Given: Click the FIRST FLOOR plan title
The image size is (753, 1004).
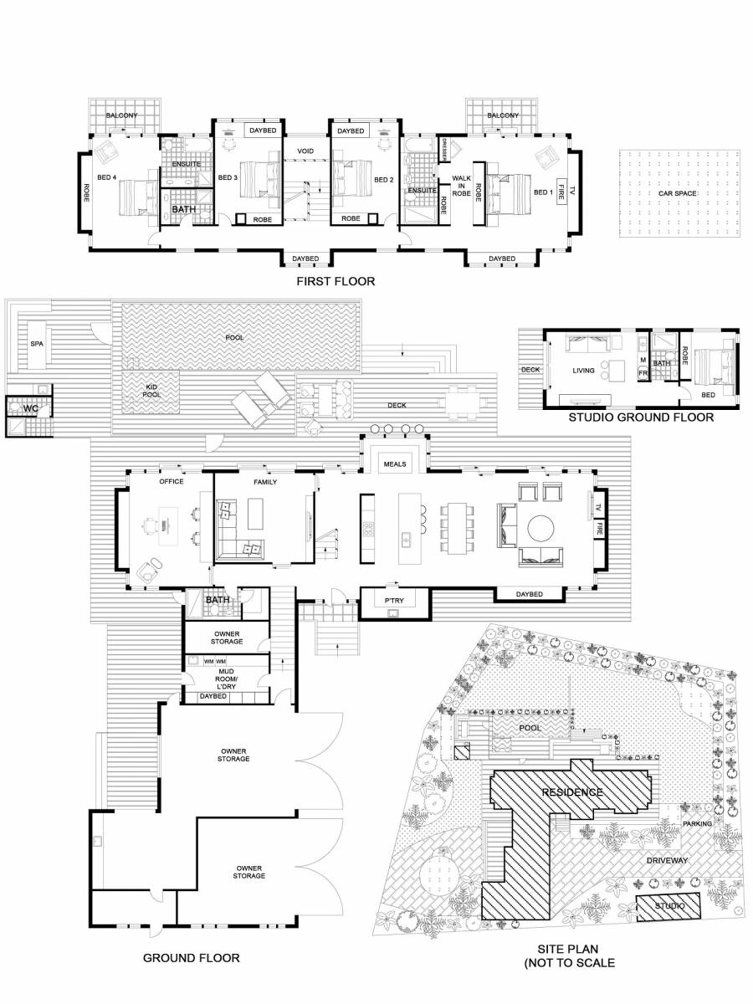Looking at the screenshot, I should pos(336,282).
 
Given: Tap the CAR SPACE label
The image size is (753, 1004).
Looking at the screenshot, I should pos(677,192).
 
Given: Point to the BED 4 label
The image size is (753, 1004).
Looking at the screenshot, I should pos(105,177).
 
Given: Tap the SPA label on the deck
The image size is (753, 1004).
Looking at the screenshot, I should pos(36,344).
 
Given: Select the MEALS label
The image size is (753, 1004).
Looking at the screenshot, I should pos(395,463).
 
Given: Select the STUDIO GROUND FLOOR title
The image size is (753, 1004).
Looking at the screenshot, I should pos(641,417).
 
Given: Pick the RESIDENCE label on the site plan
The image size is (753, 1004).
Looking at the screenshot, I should pos(571,791).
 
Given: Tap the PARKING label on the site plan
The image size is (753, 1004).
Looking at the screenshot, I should pos(696,824).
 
